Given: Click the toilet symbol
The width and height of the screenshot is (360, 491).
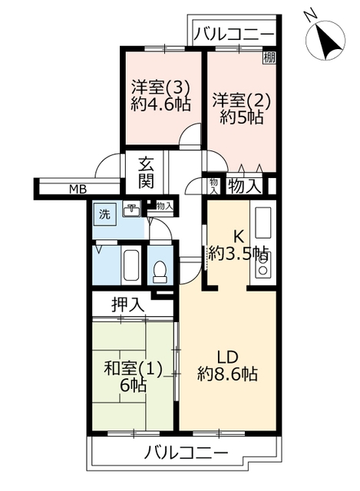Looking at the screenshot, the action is [x=160, y=272].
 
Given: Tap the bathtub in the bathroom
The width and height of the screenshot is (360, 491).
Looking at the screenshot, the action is [x=131, y=265].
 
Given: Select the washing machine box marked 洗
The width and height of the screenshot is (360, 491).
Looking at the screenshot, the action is [x=104, y=215].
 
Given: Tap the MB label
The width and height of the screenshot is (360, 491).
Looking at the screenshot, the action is [x=78, y=189].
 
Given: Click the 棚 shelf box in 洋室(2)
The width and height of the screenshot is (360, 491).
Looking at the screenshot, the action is [x=269, y=58].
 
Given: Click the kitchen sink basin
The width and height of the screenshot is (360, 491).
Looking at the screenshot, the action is [x=263, y=222].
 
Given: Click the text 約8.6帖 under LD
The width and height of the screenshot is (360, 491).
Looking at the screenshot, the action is [x=227, y=374].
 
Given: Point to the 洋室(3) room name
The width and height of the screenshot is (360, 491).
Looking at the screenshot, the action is [x=160, y=87].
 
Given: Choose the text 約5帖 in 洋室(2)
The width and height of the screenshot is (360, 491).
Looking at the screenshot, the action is [x=241, y=117].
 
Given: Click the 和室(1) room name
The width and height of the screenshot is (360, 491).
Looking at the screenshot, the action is [x=133, y=368].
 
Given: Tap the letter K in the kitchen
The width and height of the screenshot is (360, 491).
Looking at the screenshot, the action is [x=239, y=237].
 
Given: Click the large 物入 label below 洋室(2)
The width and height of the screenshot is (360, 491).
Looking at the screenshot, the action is [x=245, y=187].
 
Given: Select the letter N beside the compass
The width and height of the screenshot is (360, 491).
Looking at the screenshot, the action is [x=310, y=15].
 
